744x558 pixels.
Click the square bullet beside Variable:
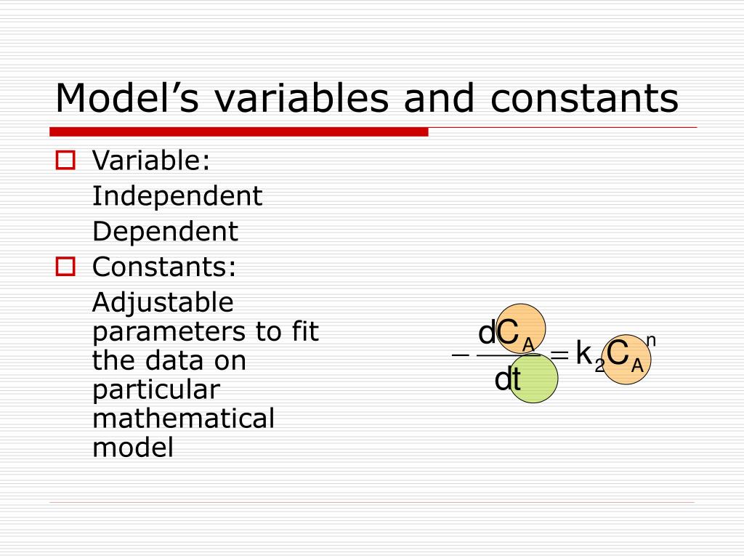pos(66,160)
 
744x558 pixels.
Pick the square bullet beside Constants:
pos(66,267)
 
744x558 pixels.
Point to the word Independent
pos(177,195)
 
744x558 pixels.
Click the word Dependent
pos(165,232)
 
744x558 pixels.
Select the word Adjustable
pos(163,302)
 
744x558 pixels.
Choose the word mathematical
pos(183,418)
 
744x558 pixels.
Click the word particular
pos(155,389)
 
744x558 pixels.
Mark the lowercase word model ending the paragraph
pos(133,448)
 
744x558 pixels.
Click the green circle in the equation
pos(533,378)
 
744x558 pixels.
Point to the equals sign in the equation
pos(559,355)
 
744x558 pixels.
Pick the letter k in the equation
pos(583,354)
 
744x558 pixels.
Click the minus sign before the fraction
pos(460,355)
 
